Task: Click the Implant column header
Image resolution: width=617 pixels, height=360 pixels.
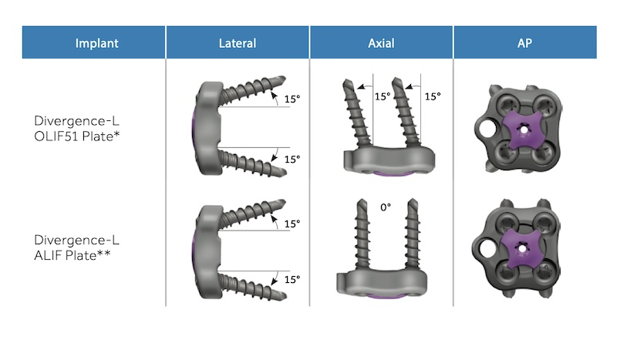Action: click(97, 43)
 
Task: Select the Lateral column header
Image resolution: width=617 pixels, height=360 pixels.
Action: click(238, 43)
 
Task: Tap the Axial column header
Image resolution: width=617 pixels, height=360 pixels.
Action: click(381, 43)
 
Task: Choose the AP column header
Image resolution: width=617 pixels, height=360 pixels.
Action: click(524, 43)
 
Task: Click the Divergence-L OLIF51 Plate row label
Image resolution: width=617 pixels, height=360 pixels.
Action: click(76, 128)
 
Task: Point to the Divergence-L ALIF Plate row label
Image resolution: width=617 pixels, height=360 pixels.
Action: click(76, 247)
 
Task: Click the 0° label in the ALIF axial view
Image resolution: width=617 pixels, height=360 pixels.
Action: click(386, 207)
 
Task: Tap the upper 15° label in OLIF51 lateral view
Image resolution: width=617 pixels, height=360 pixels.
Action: click(292, 99)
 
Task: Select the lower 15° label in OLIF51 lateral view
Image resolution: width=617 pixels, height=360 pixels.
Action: click(292, 159)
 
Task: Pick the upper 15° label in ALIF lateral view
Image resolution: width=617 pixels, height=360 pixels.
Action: click(292, 224)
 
